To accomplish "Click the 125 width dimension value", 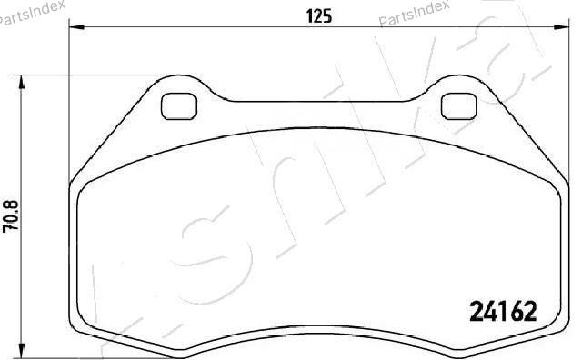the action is point(319,16).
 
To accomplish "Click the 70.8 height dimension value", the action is point(11,216).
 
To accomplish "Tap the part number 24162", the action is point(503,311).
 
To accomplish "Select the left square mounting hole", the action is point(179,106).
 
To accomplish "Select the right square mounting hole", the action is point(458,106).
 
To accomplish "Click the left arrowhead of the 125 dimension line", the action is point(76,27).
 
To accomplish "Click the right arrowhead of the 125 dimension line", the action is point(561,27).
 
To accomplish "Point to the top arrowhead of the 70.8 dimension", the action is point(22,83).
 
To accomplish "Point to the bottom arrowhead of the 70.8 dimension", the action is point(22,352).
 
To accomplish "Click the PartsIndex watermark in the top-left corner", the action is point(33,13).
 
